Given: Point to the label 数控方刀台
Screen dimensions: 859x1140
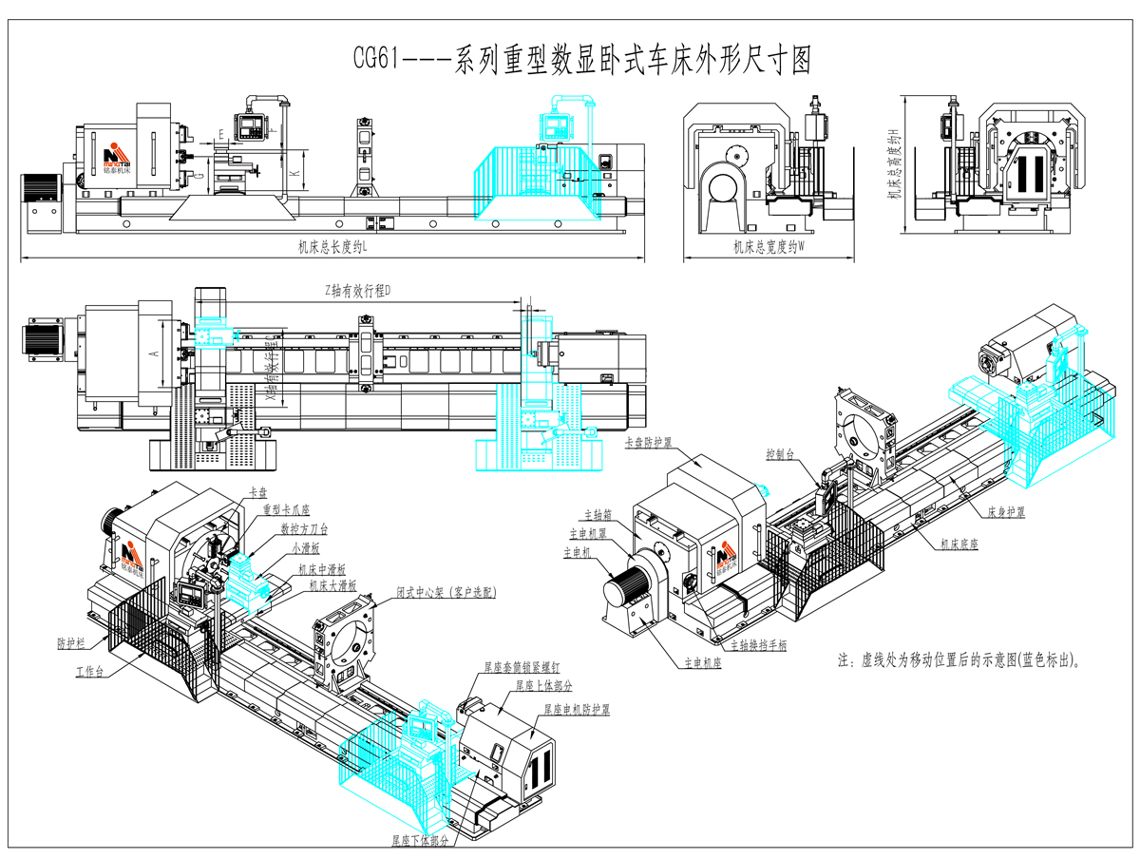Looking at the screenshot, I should [304, 529].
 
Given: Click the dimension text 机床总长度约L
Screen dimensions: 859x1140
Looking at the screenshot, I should [332, 247].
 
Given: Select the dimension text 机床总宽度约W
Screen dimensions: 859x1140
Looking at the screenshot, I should [769, 247].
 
